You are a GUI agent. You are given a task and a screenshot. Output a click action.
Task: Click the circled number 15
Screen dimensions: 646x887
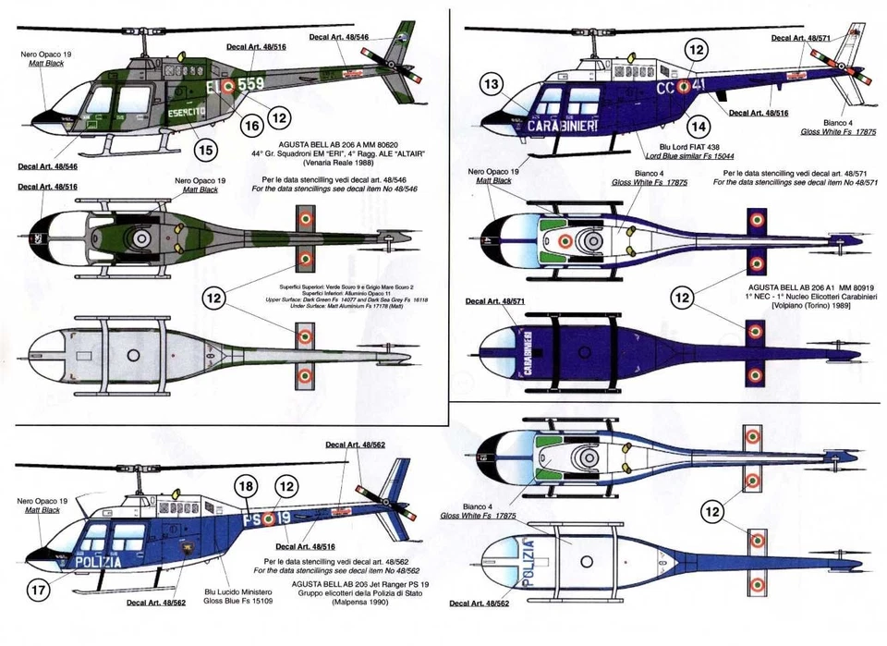pyautogui.click(x=206, y=149)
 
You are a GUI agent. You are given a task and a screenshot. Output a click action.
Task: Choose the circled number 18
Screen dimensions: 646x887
pyautogui.click(x=245, y=487)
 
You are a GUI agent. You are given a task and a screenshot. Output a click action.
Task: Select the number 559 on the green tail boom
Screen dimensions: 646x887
pyautogui.click(x=250, y=84)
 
